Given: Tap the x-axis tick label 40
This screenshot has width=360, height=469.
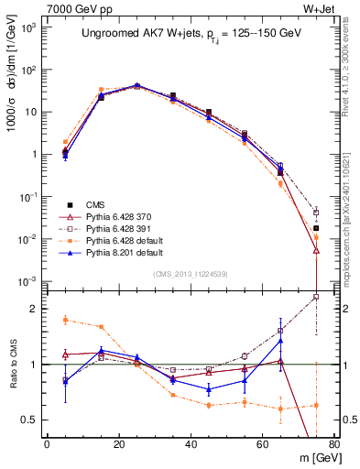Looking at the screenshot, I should pos(191,444).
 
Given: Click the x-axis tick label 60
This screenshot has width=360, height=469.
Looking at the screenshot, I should pos(262,444).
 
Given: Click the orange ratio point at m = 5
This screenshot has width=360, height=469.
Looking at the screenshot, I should pos(65,320).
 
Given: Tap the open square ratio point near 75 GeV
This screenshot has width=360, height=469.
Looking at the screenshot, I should pos(316,297).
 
